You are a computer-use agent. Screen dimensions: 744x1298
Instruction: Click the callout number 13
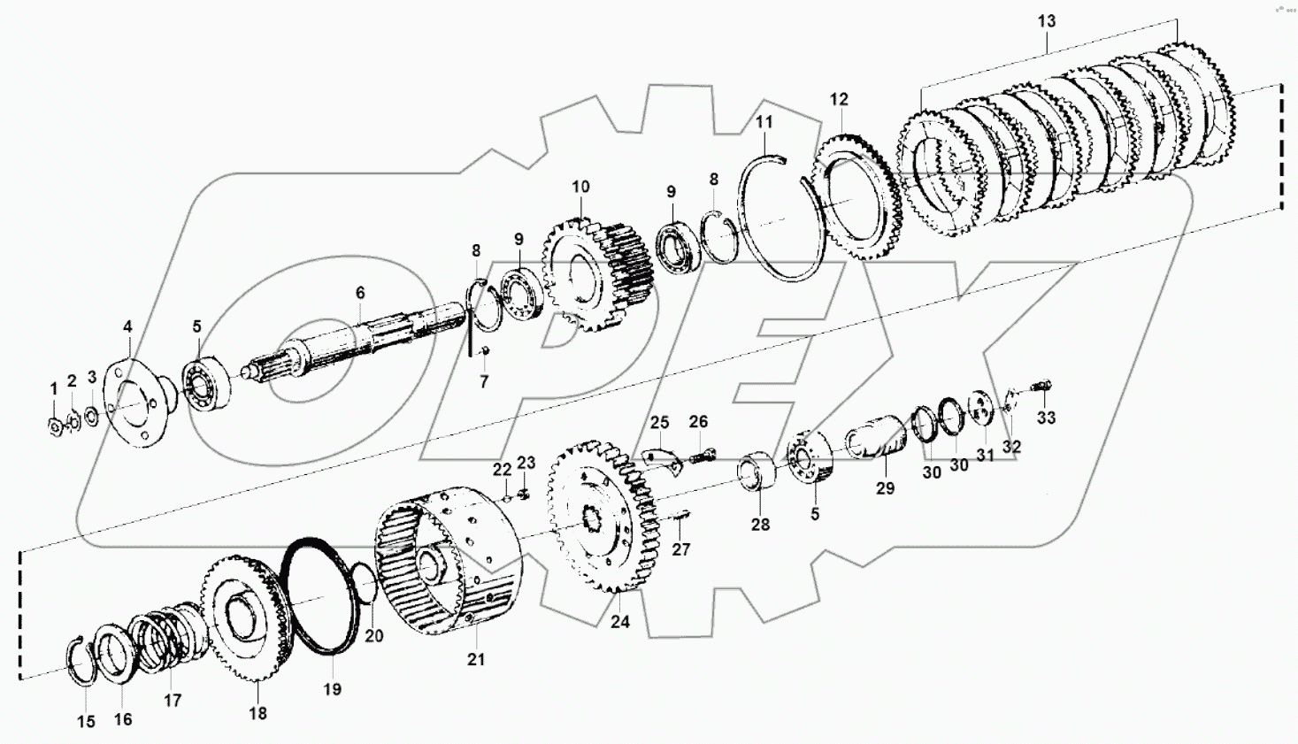click(1047, 21)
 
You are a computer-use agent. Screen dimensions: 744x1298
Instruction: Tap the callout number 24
click(620, 622)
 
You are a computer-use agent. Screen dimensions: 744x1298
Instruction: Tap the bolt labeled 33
click(1042, 386)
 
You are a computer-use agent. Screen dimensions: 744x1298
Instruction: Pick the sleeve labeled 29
click(876, 441)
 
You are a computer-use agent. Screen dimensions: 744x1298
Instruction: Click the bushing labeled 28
click(757, 471)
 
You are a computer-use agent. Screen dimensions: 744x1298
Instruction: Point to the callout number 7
click(484, 382)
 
